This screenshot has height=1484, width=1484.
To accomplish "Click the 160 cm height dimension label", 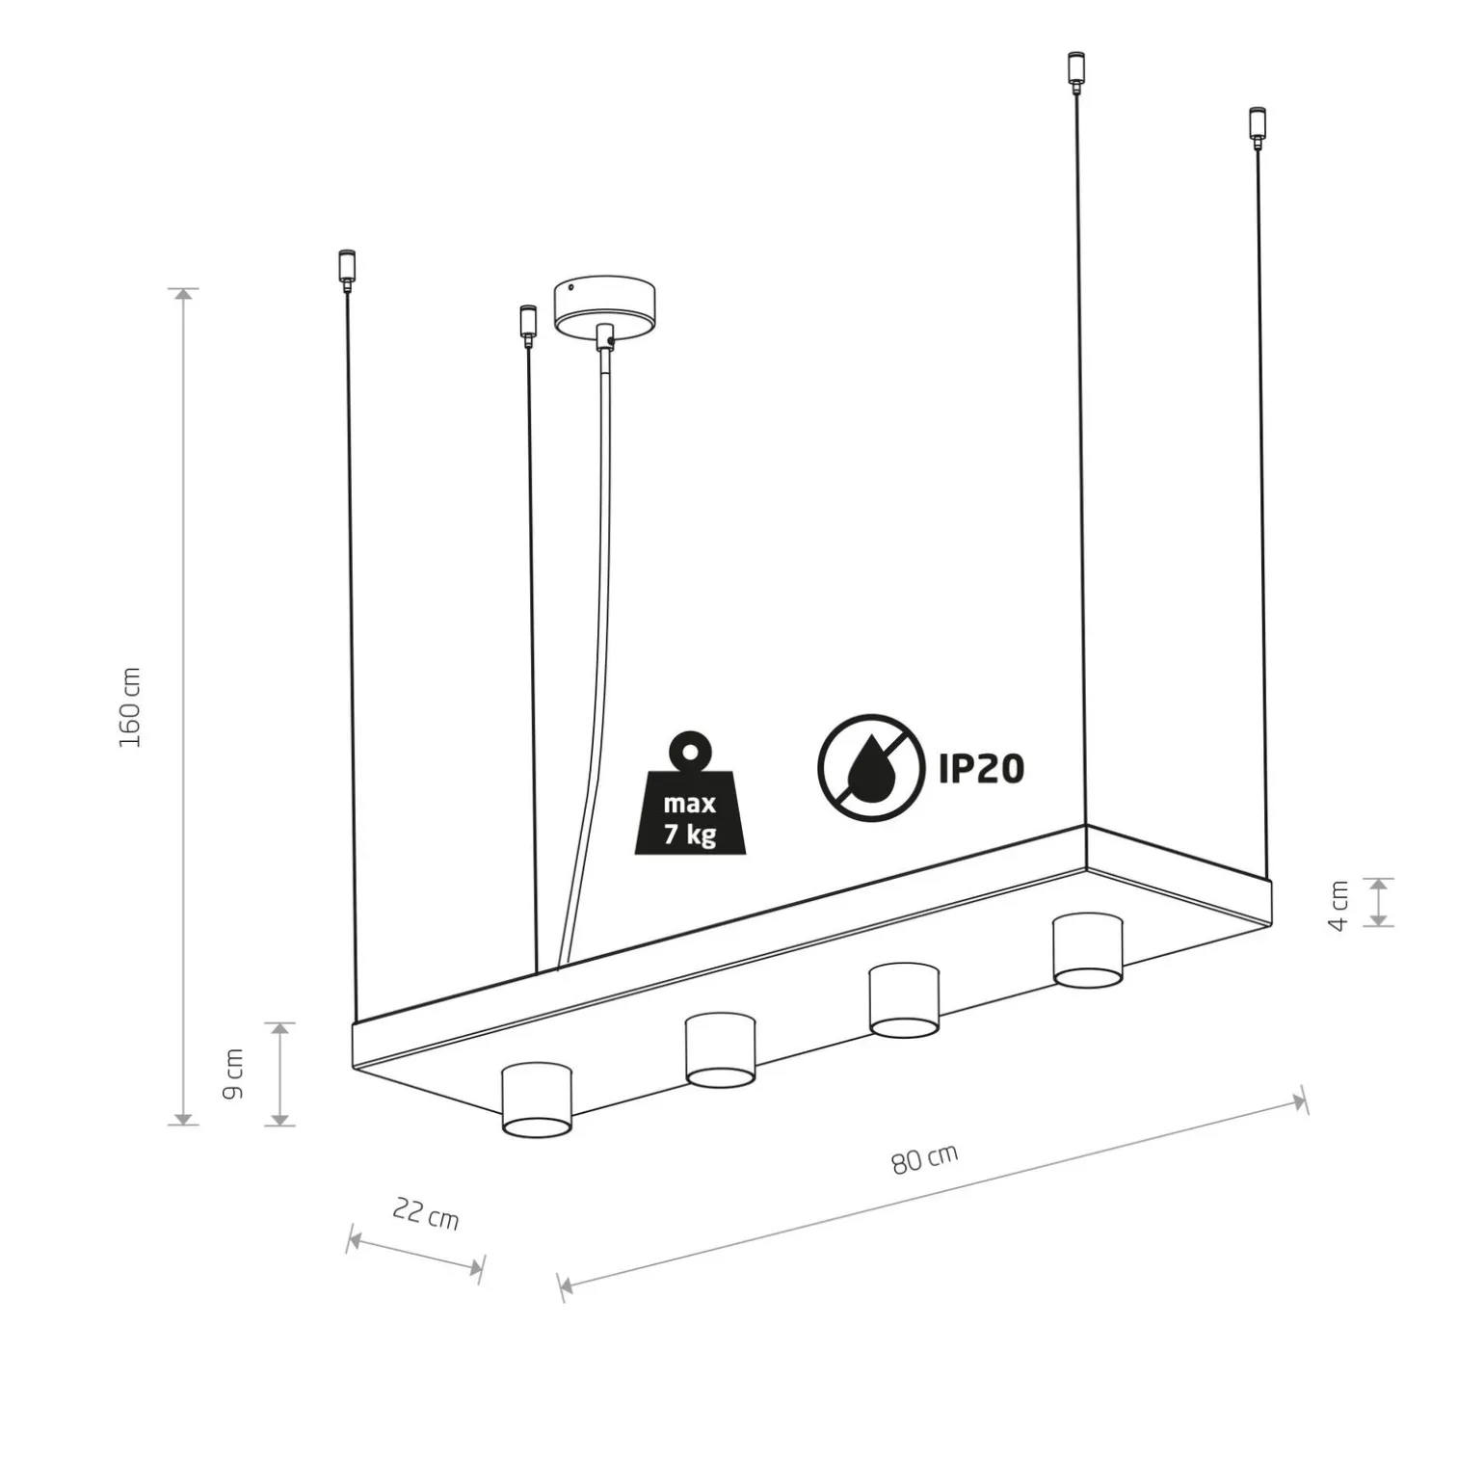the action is pyautogui.click(x=130, y=706).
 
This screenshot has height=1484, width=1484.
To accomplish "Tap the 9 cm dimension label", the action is pyautogui.click(x=233, y=1073).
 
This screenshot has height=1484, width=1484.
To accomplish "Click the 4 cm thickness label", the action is pyautogui.click(x=1339, y=905).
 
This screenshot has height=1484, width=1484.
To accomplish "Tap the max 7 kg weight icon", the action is pyautogui.click(x=690, y=793).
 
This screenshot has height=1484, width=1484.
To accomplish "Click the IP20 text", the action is pyautogui.click(x=981, y=768).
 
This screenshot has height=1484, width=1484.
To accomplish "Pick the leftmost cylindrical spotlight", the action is pyautogui.click(x=538, y=1100).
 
